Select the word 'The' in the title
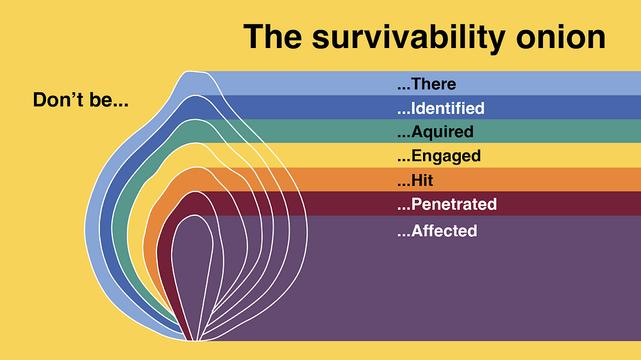pyautogui.click(x=272, y=37)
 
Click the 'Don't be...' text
pyautogui.click(x=81, y=100)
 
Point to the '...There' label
pyautogui.click(x=426, y=84)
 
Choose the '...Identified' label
pyautogui.click(x=441, y=108)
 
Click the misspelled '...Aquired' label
pyautogui.click(x=435, y=132)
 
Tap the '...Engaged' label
pyautogui.click(x=438, y=156)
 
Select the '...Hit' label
pyautogui.click(x=415, y=180)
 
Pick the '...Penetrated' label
pyautogui.click(x=447, y=204)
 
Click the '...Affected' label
pyautogui.click(x=437, y=231)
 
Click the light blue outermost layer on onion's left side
pyautogui.click(x=92, y=229)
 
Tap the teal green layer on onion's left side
pyautogui.click(x=119, y=229)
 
